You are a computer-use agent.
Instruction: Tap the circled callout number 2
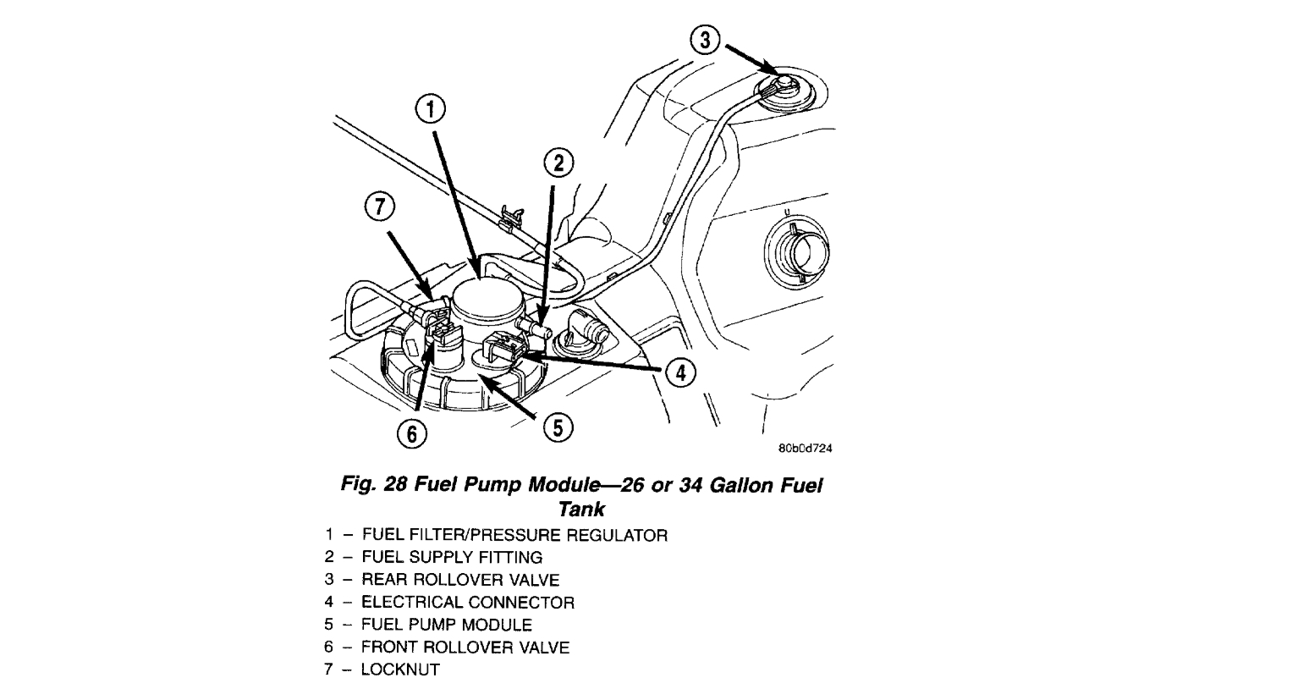click(558, 164)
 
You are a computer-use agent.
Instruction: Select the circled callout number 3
click(707, 40)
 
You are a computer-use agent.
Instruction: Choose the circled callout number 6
click(412, 433)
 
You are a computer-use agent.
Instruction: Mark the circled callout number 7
click(380, 207)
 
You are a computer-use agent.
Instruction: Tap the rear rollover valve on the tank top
click(783, 85)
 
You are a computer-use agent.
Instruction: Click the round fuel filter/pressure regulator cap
click(486, 298)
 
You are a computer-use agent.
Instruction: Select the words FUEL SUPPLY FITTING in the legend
click(452, 557)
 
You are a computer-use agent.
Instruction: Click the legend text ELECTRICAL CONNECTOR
click(467, 603)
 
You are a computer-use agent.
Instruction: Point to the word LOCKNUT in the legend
click(400, 670)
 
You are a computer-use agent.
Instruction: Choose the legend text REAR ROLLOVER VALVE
click(460, 580)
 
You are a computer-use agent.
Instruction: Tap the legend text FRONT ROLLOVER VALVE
click(465, 648)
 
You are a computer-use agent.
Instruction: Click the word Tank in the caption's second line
click(581, 509)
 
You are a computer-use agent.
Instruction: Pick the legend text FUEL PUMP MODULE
click(447, 625)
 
